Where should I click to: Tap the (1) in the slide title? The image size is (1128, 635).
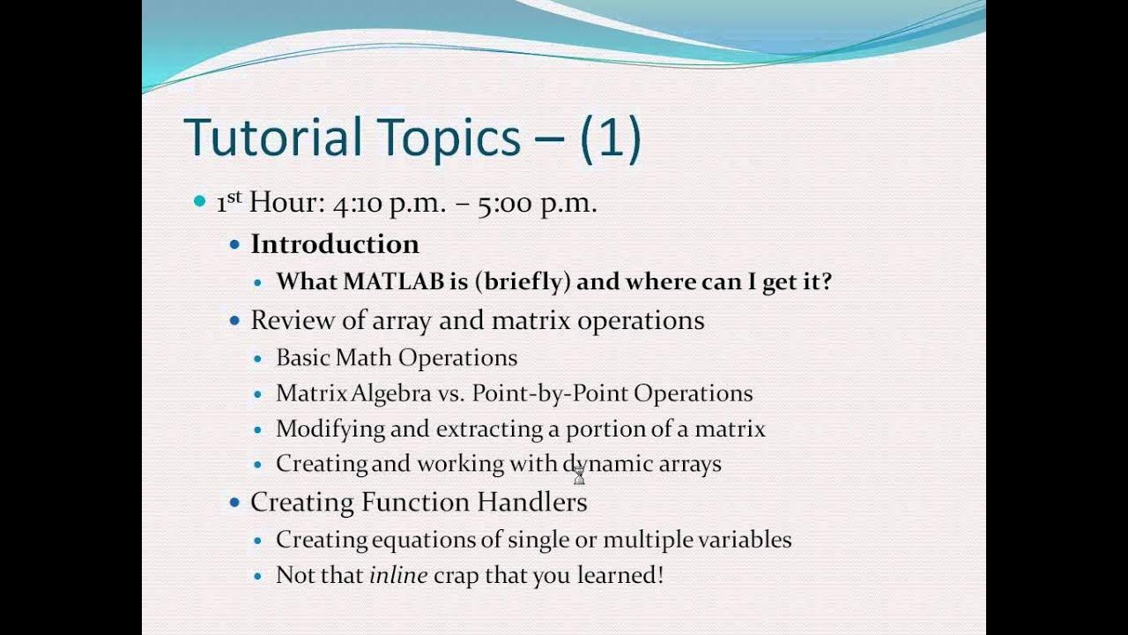point(610,138)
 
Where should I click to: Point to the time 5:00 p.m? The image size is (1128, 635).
point(538,204)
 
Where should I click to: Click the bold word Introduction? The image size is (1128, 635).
point(335,244)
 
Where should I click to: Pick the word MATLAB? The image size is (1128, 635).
point(393,282)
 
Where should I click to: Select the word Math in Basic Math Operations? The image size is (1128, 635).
point(369,357)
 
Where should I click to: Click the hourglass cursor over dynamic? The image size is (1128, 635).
point(579,474)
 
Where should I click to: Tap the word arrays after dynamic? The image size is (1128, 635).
point(690,464)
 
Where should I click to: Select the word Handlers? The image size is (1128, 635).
point(532,503)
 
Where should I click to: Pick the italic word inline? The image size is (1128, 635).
point(398,576)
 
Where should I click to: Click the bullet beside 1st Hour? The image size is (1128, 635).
point(198,203)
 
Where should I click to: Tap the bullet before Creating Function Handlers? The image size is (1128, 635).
point(234,503)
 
